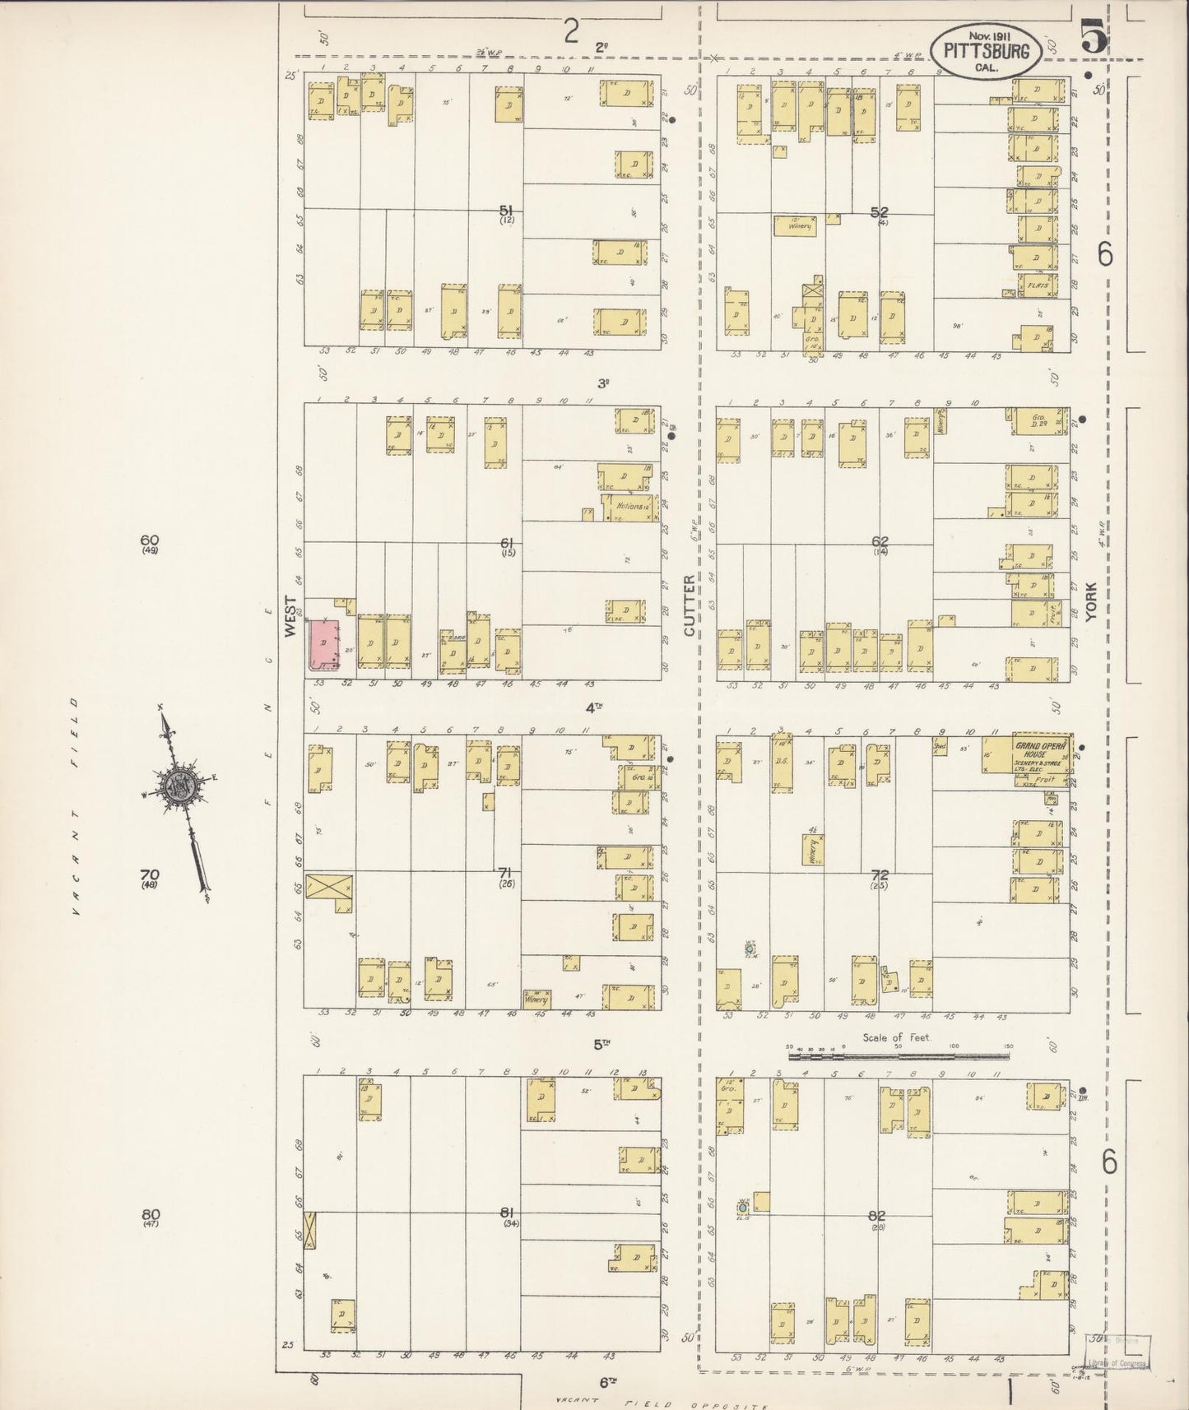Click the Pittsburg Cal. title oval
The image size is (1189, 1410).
pyautogui.click(x=987, y=52)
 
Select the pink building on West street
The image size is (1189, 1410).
pyautogui.click(x=325, y=646)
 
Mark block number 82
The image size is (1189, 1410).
pyautogui.click(x=876, y=1215)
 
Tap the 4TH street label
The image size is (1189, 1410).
pyautogui.click(x=594, y=707)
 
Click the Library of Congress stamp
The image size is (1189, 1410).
pyautogui.click(x=1119, y=1357)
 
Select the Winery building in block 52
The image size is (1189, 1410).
pyautogui.click(x=795, y=225)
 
